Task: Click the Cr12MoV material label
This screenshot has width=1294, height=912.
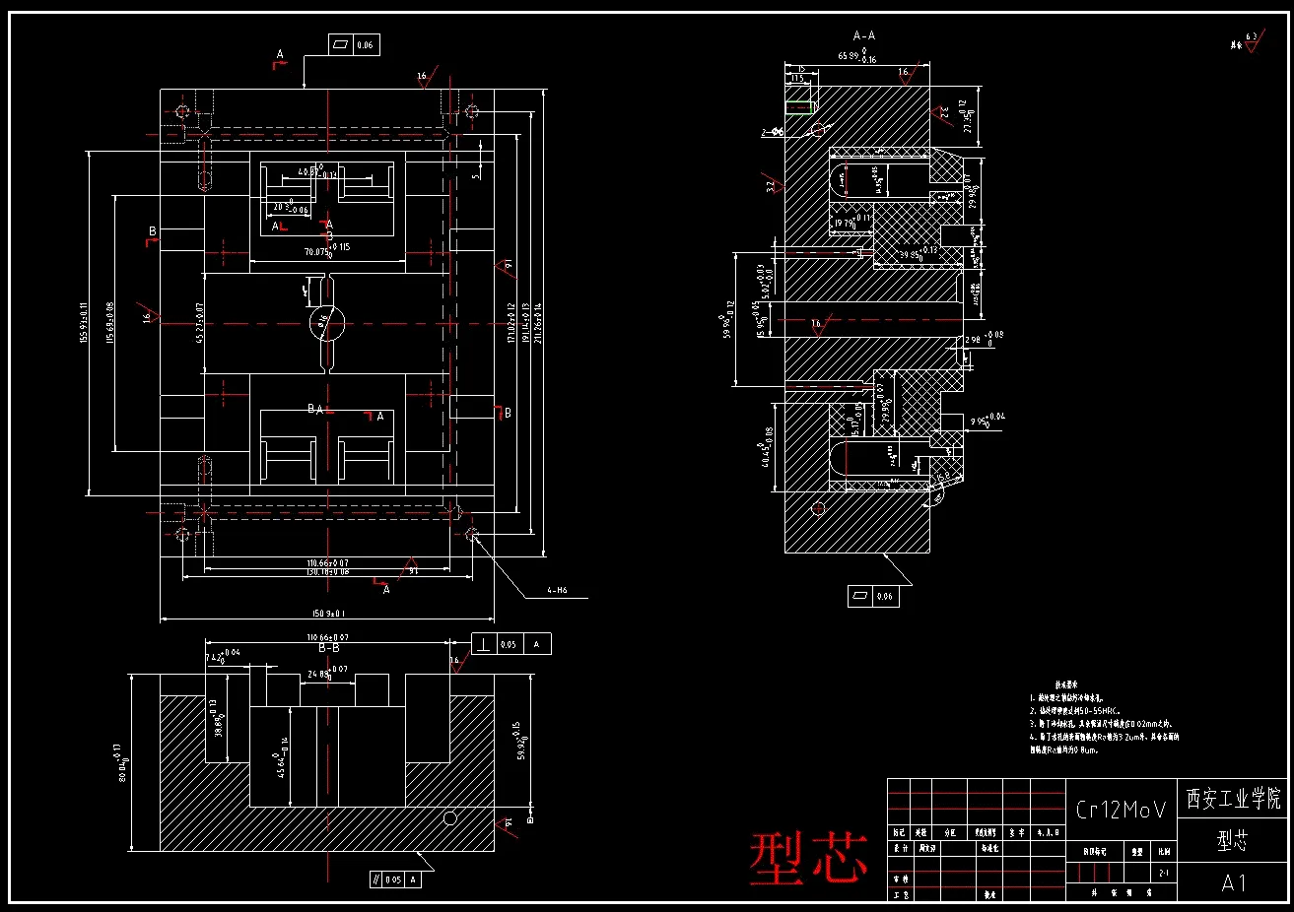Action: (x=1121, y=810)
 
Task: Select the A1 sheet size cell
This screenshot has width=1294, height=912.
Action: (x=1234, y=882)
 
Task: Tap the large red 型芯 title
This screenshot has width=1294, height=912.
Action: (x=808, y=856)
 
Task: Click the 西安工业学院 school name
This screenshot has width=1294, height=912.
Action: (x=1234, y=798)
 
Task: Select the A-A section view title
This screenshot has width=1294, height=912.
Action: (x=863, y=35)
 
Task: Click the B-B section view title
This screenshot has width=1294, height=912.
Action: (x=328, y=649)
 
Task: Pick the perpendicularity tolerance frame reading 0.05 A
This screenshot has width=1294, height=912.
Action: (x=511, y=644)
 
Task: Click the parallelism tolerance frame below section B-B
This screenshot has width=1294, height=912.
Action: (x=395, y=879)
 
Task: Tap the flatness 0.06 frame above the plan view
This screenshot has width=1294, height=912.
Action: (x=355, y=45)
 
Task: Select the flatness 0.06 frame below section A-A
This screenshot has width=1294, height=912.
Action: (x=873, y=596)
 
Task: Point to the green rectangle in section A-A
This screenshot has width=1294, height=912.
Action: (x=798, y=102)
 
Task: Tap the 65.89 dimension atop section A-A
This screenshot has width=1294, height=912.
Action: (x=855, y=57)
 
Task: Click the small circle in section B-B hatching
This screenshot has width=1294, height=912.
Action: (x=450, y=817)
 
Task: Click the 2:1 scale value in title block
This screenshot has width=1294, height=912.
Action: (x=1163, y=873)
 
